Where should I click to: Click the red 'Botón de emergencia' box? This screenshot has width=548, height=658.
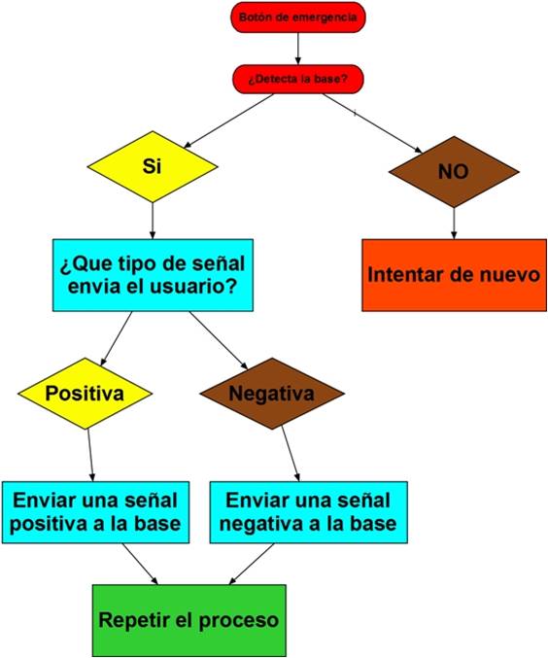[298, 17]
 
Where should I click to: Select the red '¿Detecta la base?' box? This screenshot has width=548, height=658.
[298, 79]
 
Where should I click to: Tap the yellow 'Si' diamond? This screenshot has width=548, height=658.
[153, 166]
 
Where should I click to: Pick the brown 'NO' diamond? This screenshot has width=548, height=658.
[454, 172]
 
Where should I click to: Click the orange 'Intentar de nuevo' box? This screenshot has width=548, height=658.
[454, 275]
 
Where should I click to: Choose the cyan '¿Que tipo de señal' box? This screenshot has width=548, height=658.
[153, 275]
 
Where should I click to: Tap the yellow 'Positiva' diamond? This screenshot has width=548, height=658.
[85, 394]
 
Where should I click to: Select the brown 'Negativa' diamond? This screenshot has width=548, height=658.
[272, 394]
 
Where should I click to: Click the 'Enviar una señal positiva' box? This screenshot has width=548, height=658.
[95, 512]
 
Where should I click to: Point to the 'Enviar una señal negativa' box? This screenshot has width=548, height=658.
[308, 512]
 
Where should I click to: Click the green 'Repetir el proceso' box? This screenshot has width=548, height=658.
[189, 620]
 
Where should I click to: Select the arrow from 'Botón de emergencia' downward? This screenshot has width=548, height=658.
[298, 49]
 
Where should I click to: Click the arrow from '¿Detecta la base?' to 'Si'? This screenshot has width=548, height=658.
[228, 121]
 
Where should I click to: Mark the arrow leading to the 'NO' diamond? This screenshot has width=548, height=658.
[372, 123]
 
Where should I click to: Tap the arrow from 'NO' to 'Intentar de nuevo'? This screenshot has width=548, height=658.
[454, 224]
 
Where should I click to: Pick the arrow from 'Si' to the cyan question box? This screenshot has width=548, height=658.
[153, 221]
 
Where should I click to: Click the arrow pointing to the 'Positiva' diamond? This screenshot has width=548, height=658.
[117, 338]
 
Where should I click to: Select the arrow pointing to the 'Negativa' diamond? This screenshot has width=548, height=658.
[219, 340]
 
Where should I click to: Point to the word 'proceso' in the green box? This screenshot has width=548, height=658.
[238, 621]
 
